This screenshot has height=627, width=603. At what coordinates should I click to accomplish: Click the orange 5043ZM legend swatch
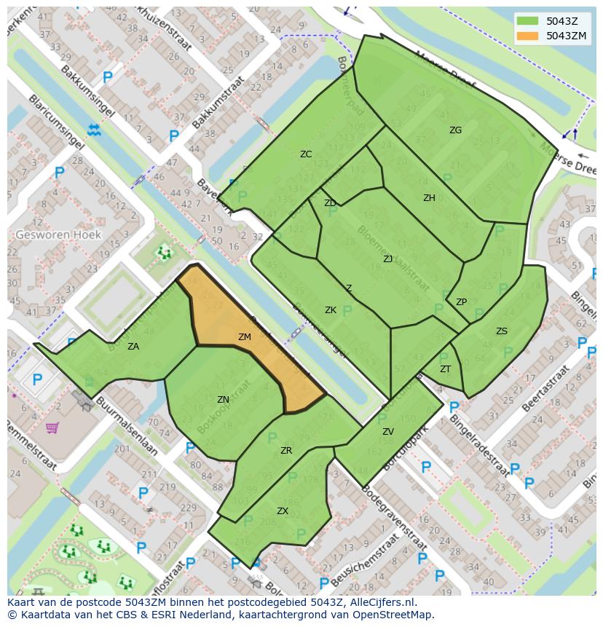(529, 36)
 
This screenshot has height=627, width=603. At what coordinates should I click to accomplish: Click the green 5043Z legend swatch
(529, 21)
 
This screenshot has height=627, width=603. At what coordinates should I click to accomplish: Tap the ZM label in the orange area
(245, 337)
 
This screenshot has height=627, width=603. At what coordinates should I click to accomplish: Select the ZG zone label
(455, 130)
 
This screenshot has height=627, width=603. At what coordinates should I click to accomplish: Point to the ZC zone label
(306, 154)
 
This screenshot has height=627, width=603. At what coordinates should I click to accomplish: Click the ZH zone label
(429, 198)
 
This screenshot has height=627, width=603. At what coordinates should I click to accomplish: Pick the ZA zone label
(133, 347)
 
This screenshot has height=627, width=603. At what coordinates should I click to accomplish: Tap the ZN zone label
(223, 400)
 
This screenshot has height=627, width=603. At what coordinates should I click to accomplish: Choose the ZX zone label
(283, 511)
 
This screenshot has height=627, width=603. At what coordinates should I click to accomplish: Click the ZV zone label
(388, 432)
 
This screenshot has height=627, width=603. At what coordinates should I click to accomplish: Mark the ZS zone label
(502, 331)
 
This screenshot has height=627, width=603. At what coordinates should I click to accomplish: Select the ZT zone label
(445, 369)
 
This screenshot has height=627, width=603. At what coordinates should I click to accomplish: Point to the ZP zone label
(461, 302)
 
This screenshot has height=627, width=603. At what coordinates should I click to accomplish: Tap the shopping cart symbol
(52, 427)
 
